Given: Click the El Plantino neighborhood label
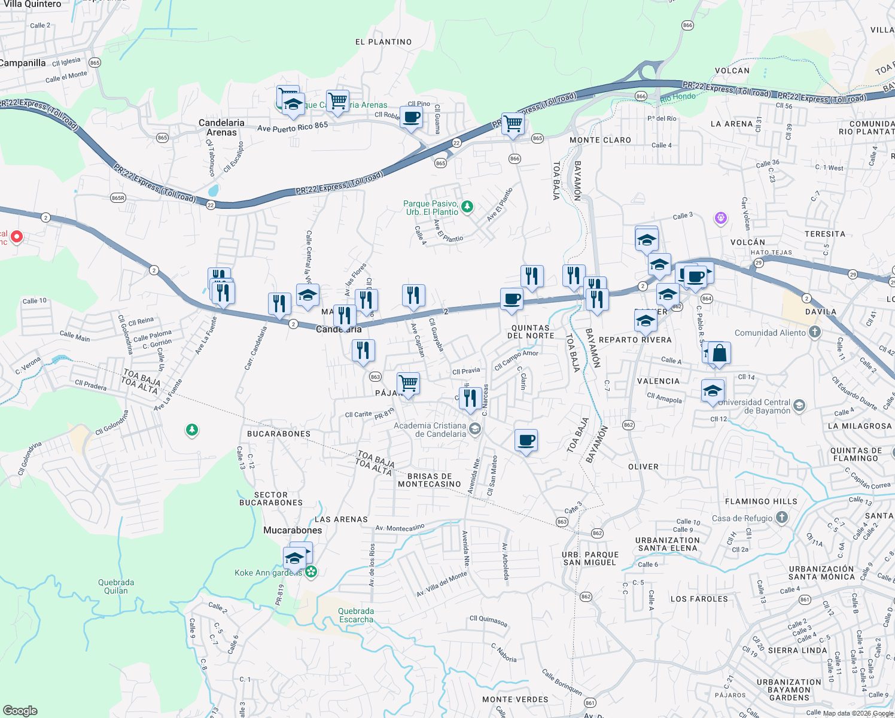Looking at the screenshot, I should pos(383,42).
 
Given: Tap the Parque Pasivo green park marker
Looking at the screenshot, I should pos(467,207).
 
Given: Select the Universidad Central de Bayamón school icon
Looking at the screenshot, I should pos(799,406).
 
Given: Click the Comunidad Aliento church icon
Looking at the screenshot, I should pos(814,332).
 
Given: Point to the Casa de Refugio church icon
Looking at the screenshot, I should pos(781,518).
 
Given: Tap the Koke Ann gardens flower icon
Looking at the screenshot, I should pos(310,572).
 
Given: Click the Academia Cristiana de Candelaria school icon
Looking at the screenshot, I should pos(474,428).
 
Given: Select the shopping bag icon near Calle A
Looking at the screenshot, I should pos(720,353).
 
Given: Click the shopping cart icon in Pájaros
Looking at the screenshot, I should pos(408,382).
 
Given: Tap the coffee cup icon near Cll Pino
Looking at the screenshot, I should pos(411,117).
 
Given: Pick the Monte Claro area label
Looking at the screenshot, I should pos(600,140).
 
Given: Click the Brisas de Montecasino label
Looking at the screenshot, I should pos(430,480).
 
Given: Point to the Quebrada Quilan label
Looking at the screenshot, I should pos(116,586).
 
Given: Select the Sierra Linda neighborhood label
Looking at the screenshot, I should pos(797,650).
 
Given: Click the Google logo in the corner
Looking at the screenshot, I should pos(20,711).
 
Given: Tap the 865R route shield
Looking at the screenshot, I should pos(118,198).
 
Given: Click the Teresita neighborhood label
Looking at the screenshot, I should pos(825,234).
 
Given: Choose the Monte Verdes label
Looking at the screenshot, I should pos(515,699).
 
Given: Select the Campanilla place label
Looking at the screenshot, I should pos(23,63).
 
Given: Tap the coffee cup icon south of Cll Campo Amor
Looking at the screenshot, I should pos(526,440).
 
